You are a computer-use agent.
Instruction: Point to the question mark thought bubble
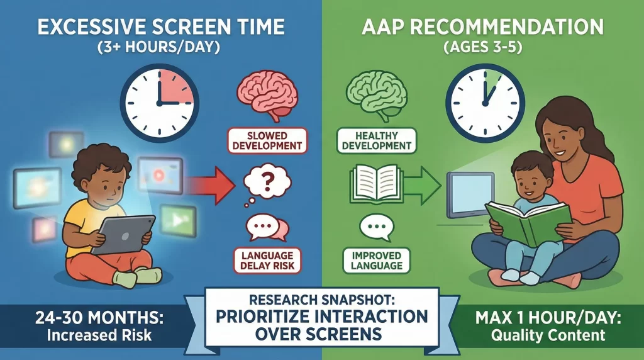265,183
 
